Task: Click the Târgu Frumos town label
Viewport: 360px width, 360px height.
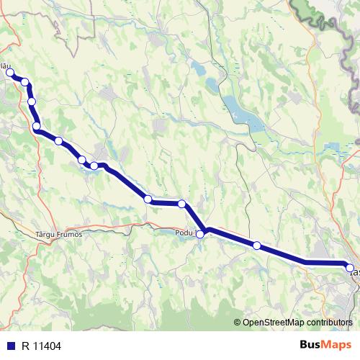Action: pyautogui.click(x=59, y=234)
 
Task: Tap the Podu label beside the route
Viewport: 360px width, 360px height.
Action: pyautogui.click(x=185, y=233)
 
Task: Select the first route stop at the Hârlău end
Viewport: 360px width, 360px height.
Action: pyautogui.click(x=10, y=73)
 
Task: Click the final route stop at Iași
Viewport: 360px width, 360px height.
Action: pyautogui.click(x=351, y=268)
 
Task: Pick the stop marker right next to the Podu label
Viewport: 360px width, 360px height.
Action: pyautogui.click(x=200, y=234)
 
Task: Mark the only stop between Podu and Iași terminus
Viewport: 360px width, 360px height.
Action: pyautogui.click(x=256, y=246)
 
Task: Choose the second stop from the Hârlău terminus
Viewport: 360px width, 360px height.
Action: pyautogui.click(x=25, y=82)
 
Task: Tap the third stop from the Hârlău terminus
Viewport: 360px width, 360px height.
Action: pyautogui.click(x=32, y=102)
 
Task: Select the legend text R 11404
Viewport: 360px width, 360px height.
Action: pyautogui.click(x=39, y=346)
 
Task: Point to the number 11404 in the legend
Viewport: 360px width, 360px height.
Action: pyautogui.click(x=45, y=346)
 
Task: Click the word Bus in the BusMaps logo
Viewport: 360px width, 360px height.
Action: pyautogui.click(x=311, y=345)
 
